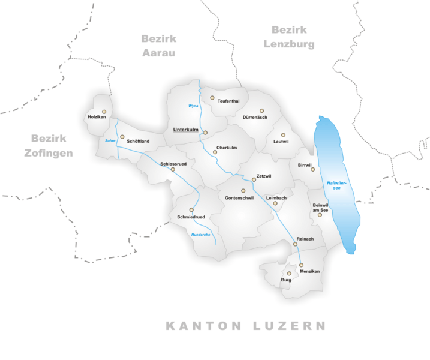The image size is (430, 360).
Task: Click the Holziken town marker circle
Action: tap(104, 111)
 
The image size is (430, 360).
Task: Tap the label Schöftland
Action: tap(138, 142)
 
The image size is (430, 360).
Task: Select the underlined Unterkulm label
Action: tap(185, 130)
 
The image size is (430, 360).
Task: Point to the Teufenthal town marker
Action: tap(212, 97)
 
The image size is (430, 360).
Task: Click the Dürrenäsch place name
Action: tap(255, 118)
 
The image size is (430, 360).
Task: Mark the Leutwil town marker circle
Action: tap(284, 135)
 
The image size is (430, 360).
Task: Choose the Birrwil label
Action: tap(305, 164)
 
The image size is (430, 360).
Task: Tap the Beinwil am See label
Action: tap(321, 207)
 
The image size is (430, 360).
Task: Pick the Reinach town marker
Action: tap(295, 244)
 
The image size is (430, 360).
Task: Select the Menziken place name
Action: tap(310, 272)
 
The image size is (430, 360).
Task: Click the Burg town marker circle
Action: tap(289, 273)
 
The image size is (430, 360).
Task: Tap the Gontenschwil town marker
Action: tap(243, 191)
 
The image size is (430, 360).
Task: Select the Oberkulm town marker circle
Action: tap(215, 152)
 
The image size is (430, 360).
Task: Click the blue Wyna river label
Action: tap(193, 106)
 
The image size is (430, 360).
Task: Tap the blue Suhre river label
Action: tap(109, 141)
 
